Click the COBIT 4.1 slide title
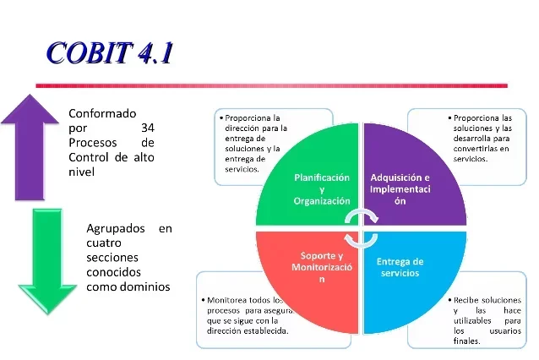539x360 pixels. tap(110, 52)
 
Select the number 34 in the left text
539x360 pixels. tap(147, 128)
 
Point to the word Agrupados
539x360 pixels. tap(117, 228)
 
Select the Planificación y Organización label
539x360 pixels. tap(321, 189)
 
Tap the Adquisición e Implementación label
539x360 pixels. tap(400, 189)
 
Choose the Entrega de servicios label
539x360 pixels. tap(400, 267)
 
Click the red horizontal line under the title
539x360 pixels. tap(270, 85)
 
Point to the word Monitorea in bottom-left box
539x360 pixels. tap(228, 300)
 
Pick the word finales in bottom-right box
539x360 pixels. tap(466, 341)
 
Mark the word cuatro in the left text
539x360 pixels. tap(103, 243)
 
